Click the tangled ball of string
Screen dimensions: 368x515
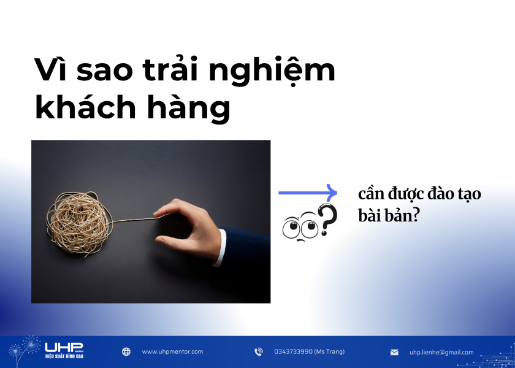tap(79, 217)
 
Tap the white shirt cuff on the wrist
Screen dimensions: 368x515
tap(219, 248)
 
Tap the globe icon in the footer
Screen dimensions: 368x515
tap(126, 352)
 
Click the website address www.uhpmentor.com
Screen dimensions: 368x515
tap(172, 352)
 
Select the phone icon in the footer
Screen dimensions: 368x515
tap(258, 352)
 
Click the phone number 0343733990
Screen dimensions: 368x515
tap(310, 352)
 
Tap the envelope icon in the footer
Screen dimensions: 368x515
tap(394, 353)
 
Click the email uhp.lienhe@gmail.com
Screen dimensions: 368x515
tap(441, 353)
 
